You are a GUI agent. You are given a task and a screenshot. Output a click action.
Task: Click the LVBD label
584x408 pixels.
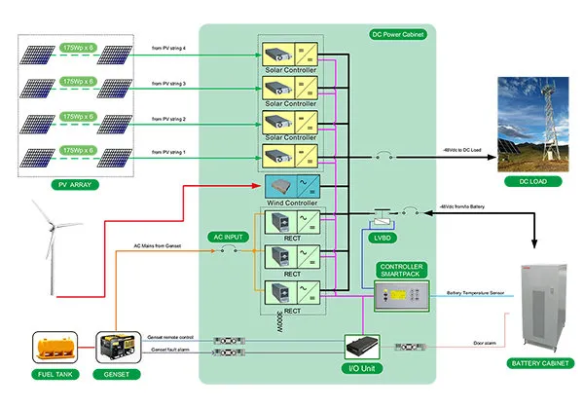pyautogui.click(x=381, y=235)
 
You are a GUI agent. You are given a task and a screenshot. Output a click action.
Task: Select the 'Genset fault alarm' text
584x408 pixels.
pyautogui.click(x=169, y=349)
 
